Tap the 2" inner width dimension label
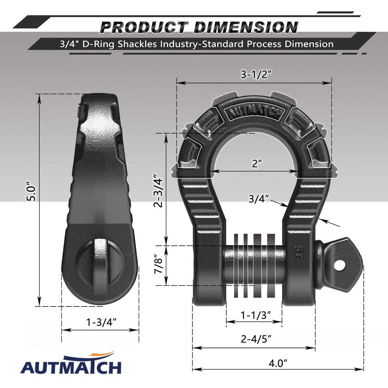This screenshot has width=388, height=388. pos(257,164)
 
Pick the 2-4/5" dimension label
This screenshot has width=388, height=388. pos(256,339)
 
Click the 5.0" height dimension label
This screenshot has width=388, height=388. pos(31,193)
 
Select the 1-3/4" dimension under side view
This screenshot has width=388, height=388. pos(101,322)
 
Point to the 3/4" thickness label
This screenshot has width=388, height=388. pos(259,199)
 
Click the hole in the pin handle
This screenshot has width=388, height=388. pos(339,265)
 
